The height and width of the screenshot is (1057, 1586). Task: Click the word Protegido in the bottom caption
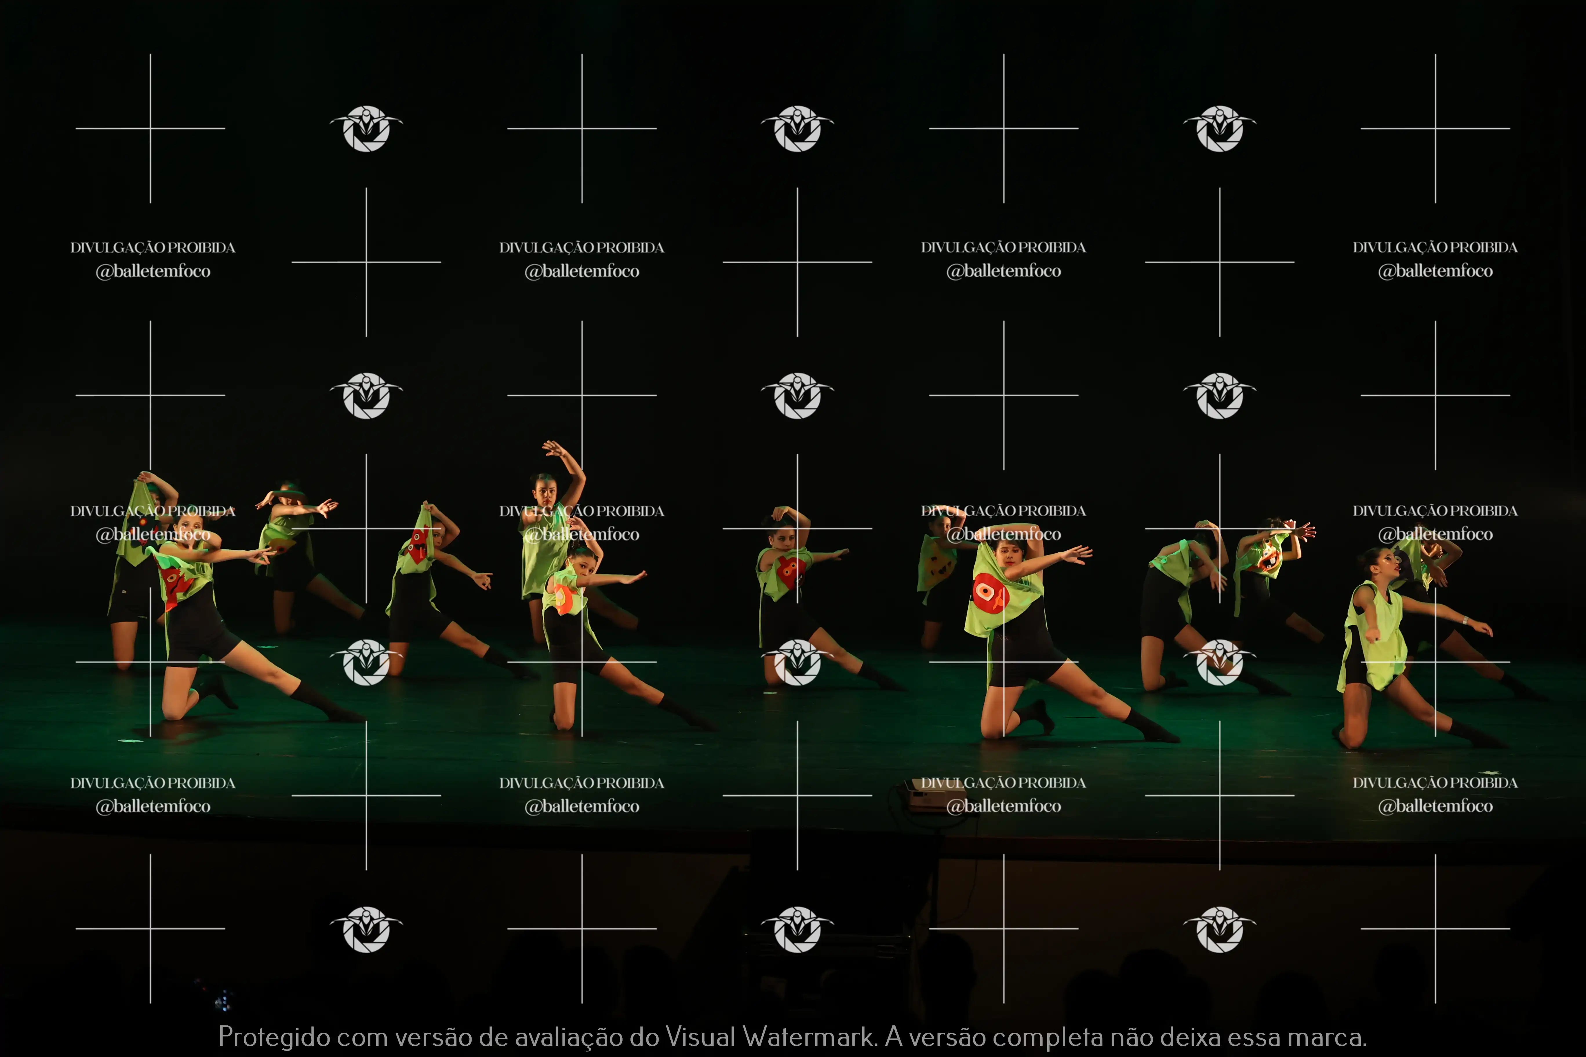274,1037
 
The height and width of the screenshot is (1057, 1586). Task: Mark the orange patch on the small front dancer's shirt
562,599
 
